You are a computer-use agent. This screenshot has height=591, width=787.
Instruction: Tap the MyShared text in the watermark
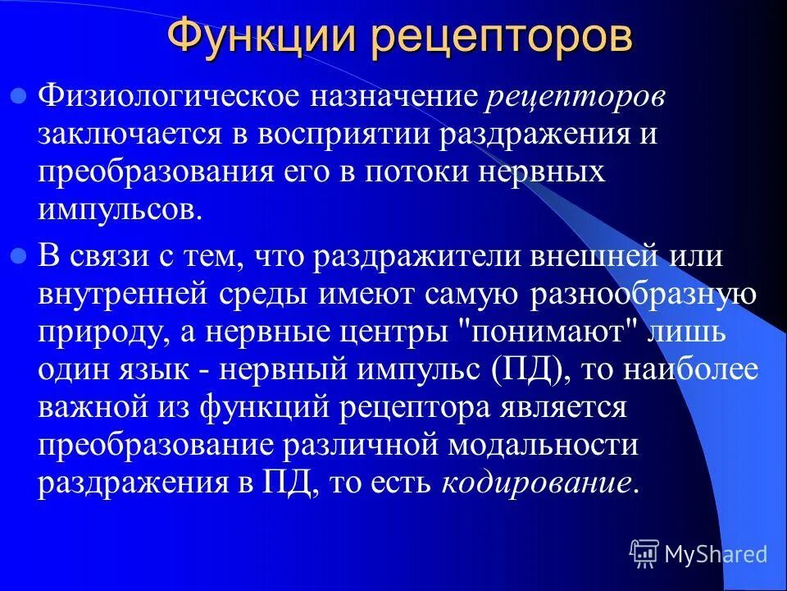click(x=716, y=554)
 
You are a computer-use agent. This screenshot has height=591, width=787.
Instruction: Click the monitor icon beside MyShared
click(x=644, y=554)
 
